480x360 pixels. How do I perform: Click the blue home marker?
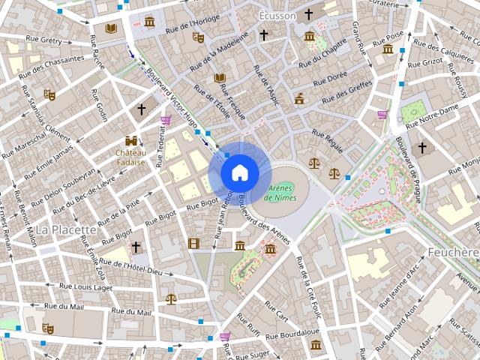tap(239, 172)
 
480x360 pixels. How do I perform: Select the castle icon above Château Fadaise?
tap(131, 141)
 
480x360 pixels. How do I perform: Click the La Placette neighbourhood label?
tap(66, 229)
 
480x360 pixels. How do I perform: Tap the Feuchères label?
tap(453, 252)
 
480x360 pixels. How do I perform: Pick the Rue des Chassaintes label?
tap(54, 61)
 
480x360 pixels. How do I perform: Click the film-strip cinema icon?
tap(194, 243)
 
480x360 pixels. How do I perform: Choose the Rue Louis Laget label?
tap(83, 287)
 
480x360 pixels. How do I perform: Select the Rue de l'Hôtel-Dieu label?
tap(130, 266)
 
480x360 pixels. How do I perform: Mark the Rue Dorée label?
tap(331, 76)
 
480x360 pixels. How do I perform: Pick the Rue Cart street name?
tap(277, 309)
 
